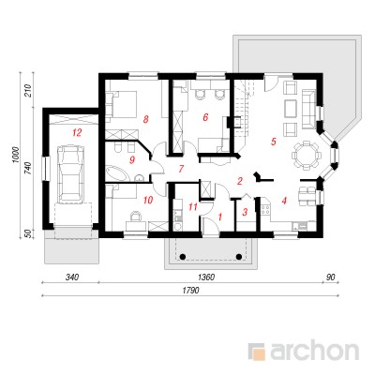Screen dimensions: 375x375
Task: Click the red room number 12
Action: [77, 133]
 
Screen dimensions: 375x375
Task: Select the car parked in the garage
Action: [71, 172]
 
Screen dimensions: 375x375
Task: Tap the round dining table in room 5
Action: [307, 155]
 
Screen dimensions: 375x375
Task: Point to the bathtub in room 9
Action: [117, 172]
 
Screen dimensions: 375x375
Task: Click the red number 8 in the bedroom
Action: [145, 119]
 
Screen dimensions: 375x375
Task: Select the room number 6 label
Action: [205, 117]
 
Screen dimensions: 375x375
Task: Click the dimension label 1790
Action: [191, 291]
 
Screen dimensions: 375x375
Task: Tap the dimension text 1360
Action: [206, 277]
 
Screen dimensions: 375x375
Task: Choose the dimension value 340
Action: [72, 277]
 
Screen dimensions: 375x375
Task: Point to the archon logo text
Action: [313, 352]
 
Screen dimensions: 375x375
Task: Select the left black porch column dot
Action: [183, 257]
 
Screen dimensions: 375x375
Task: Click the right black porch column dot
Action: [239, 257]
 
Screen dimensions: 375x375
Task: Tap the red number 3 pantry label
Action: [245, 212]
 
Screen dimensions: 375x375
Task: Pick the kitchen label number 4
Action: [284, 201]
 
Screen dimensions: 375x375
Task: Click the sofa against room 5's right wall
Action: [309, 110]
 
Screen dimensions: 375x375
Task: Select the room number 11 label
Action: [193, 206]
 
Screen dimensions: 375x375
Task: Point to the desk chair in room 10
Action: [136, 217]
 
